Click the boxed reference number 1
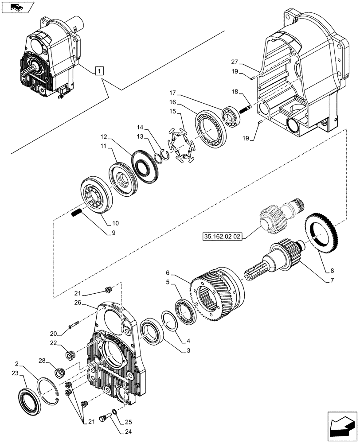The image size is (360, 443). (99, 70)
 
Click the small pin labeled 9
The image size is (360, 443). (76, 213)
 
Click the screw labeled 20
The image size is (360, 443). (74, 326)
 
